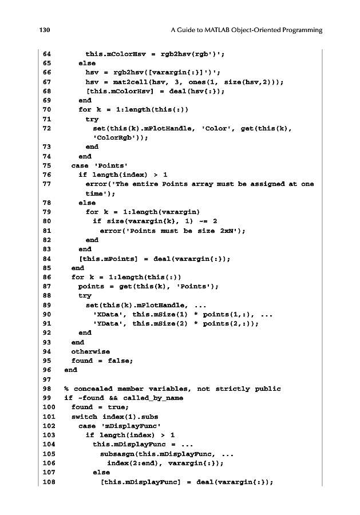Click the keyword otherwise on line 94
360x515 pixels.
click(x=90, y=351)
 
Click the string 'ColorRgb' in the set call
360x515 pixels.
click(x=116, y=137)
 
